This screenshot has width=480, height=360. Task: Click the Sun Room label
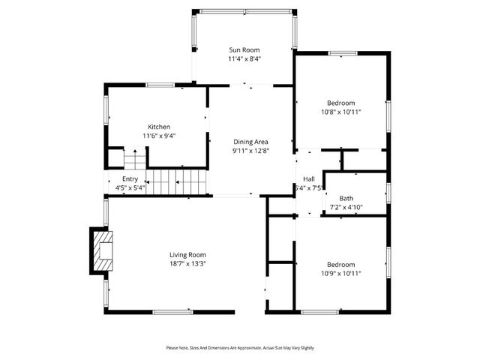[x=244, y=49]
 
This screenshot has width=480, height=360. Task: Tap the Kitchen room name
[x=158, y=127]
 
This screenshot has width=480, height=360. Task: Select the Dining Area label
[x=250, y=142]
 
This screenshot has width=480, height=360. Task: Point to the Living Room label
[x=187, y=255]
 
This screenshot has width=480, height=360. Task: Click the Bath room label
[x=346, y=198]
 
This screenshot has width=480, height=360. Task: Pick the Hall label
[x=308, y=178]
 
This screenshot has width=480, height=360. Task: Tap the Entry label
[x=130, y=178]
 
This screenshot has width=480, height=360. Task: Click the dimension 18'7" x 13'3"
[x=187, y=264]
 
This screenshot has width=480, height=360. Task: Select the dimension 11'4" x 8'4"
[x=244, y=58]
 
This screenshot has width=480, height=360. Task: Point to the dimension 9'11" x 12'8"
[x=250, y=151]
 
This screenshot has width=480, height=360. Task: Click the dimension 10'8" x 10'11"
[x=340, y=112]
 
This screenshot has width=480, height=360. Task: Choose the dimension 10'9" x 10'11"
[x=340, y=274]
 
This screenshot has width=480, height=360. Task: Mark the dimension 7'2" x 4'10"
[x=346, y=207]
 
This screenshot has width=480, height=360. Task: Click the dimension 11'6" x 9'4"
[x=158, y=136]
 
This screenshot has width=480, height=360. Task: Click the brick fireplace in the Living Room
[x=99, y=249]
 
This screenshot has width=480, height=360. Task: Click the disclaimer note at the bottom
[x=240, y=348]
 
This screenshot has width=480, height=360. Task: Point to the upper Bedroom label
[x=340, y=103]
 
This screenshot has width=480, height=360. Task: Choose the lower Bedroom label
[x=340, y=265]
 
